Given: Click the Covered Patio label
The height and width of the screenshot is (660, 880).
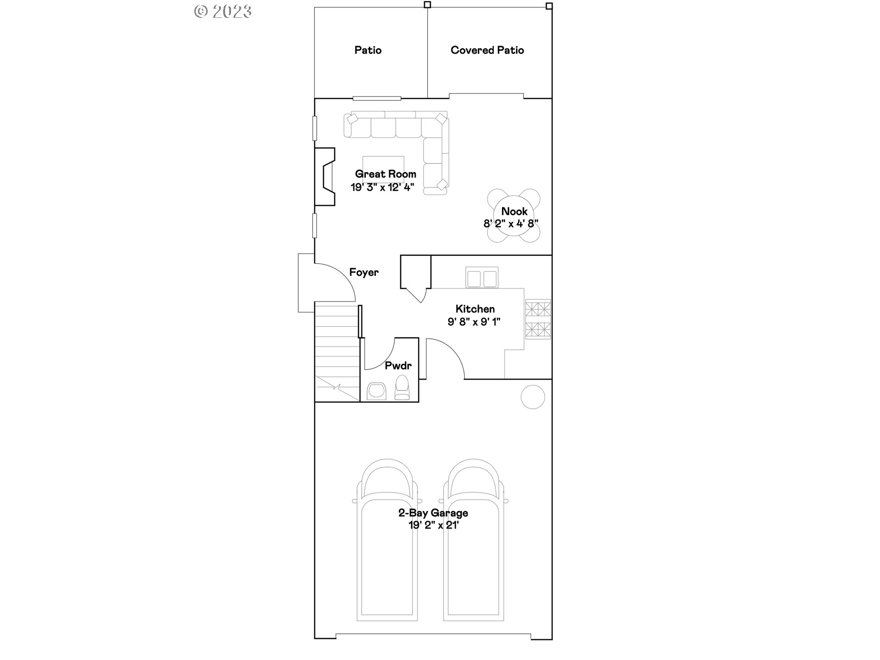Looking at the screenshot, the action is pos(487,50).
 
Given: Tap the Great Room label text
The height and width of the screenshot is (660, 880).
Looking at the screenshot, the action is pos(385,174).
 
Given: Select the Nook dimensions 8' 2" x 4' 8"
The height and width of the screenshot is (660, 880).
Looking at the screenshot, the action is pos(511,224).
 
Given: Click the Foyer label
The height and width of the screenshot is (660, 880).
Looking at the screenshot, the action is pos(364,272).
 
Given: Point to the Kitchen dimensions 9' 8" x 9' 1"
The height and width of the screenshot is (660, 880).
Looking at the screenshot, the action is pos(474,322).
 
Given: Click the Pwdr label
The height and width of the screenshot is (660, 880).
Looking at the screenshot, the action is pos(398,365).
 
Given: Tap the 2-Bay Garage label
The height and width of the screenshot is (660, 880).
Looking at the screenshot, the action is pos(433,513).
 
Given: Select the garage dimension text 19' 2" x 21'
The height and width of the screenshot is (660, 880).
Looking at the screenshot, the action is pos(434,525).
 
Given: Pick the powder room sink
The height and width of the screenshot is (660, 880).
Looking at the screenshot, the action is pos(377,390).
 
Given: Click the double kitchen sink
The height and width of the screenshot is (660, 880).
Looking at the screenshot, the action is pos(482,278).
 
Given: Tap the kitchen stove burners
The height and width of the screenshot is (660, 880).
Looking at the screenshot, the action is pos(538,319).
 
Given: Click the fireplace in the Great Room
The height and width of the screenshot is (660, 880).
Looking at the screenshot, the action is pos(324,176).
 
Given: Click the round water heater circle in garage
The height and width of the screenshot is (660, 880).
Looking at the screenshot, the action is pos(533,396).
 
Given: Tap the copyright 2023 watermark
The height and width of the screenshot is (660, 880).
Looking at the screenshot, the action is pos(223,11).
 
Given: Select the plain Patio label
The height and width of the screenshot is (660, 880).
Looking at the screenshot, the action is pos(368,50).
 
